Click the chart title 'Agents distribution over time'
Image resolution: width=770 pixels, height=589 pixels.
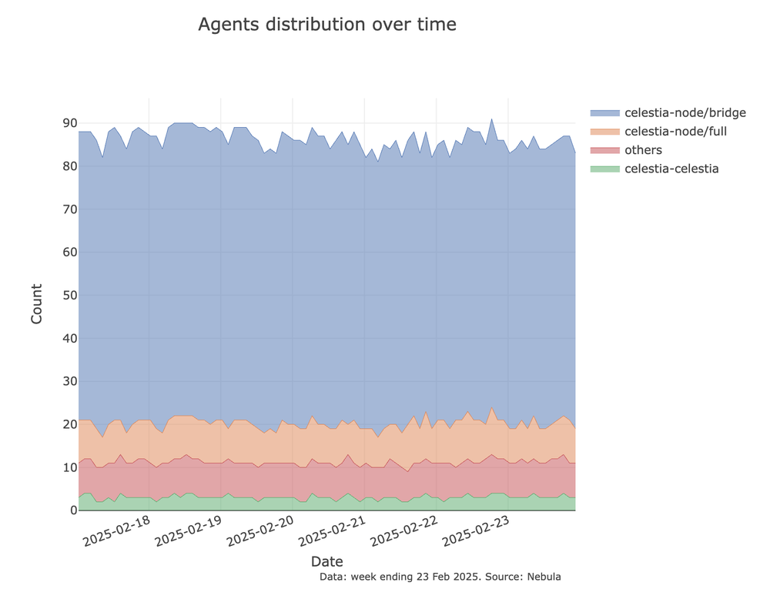coord(326,25)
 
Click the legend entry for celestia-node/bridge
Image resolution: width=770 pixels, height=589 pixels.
coord(685,113)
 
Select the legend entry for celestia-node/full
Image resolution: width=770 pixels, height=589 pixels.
coord(675,132)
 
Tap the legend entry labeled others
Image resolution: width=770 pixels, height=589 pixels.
coord(643,150)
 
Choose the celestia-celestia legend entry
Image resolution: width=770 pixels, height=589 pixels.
coord(671,169)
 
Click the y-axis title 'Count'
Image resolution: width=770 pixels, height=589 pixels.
coord(37,304)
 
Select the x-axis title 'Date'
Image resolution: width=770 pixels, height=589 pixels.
coord(326,561)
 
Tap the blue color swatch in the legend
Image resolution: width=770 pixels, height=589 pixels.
coord(604,113)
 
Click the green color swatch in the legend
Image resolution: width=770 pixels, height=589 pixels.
coord(604,169)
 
